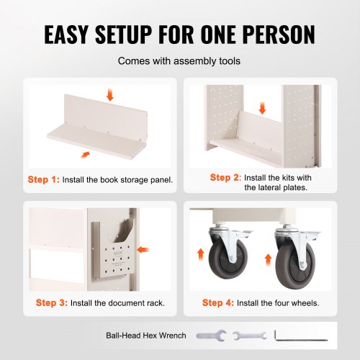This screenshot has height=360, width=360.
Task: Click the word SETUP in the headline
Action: coord(124,34)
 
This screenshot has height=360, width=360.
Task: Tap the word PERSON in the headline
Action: coord(279,34)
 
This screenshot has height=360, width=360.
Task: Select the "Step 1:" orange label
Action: coord(43,179)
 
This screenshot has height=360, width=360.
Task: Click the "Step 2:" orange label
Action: coord(225,178)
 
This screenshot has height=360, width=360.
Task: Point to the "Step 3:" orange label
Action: coord(52,303)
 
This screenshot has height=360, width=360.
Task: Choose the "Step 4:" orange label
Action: coord(218,303)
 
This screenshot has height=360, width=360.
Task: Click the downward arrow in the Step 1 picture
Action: coord(110,94)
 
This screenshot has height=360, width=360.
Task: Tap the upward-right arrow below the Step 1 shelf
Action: coord(85,155)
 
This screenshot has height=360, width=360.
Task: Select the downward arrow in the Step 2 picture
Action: coord(263,109)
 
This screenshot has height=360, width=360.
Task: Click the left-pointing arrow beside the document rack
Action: coord(143,250)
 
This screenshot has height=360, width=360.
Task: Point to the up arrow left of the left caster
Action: coord(201,255)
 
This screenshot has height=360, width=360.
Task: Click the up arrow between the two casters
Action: coord(269,261)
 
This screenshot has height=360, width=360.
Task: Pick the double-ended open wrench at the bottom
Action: coord(250,336)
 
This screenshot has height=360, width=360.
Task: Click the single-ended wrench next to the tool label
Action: coord(211,336)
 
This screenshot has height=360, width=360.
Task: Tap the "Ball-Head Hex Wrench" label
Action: coord(146,336)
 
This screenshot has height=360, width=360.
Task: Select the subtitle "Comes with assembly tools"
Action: coord(179,61)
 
